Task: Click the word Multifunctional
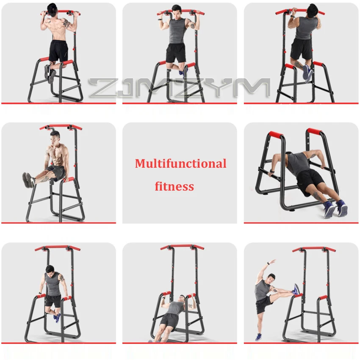180,163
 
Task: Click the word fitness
174,186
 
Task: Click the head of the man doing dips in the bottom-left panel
50,270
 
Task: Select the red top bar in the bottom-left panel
57,247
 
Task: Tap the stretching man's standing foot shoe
258,337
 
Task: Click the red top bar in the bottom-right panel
313,249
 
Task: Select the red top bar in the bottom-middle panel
182,246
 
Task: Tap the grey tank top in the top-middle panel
177,30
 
